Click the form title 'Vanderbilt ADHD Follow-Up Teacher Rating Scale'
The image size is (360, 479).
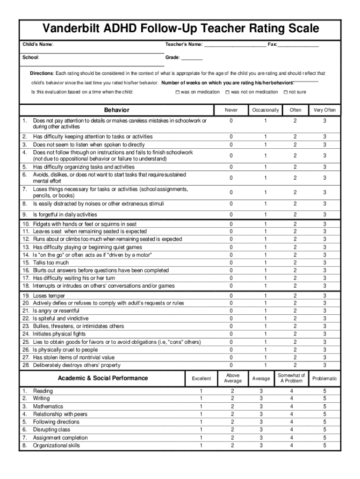tap(180, 29)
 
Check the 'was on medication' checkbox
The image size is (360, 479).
tap(178, 92)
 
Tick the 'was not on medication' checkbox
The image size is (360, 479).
tap(227, 92)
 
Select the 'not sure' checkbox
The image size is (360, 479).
tap(286, 92)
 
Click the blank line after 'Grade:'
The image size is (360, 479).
tap(192, 58)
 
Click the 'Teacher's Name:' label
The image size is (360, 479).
tap(184, 44)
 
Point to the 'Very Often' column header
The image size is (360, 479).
tap(324, 110)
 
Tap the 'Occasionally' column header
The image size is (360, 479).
tap(265, 110)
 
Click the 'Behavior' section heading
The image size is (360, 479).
tap(116, 110)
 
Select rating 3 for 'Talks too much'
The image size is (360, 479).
tap(324, 263)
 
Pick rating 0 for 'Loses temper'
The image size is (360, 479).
tap(230, 296)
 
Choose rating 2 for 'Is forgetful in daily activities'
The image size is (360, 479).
tap(295, 215)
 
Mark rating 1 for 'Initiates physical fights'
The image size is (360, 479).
tap(265, 334)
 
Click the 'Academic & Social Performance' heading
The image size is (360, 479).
tap(103, 378)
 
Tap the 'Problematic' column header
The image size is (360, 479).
tap(324, 378)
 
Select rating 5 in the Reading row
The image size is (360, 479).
tap(324, 391)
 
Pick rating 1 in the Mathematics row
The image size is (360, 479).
tap(201, 406)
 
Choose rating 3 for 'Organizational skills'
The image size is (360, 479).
tap(261, 445)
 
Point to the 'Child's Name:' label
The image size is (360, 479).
tap(38, 44)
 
